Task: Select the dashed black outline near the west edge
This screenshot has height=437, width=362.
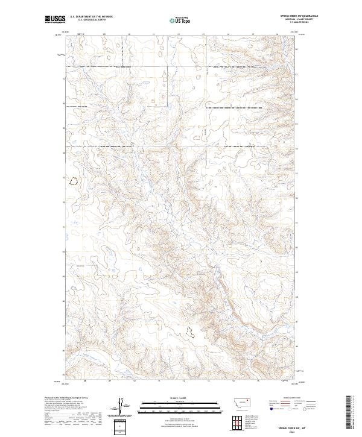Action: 75,180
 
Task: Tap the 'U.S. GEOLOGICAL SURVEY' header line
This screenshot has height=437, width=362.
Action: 91,20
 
